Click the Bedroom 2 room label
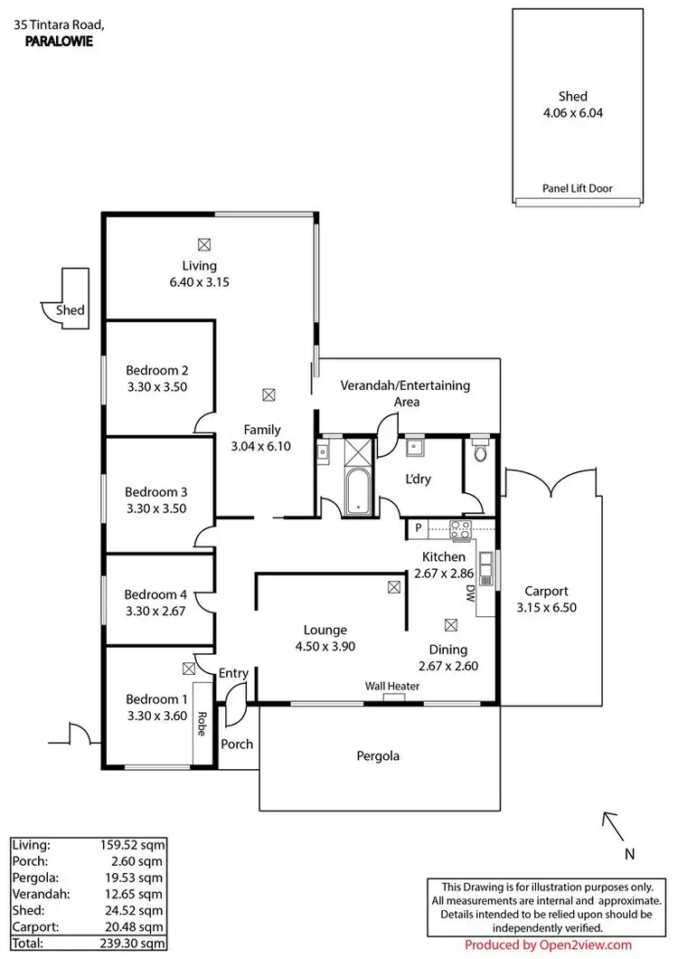point(156,370)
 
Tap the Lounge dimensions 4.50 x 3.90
point(325,646)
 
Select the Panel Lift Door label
point(577,188)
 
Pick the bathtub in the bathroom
point(358,491)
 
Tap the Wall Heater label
point(391,686)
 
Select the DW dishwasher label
point(470,593)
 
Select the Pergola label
point(378,756)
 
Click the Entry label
point(233,673)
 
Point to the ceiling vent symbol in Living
point(203,244)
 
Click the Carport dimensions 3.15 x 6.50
point(546,608)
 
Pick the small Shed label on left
point(70,309)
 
